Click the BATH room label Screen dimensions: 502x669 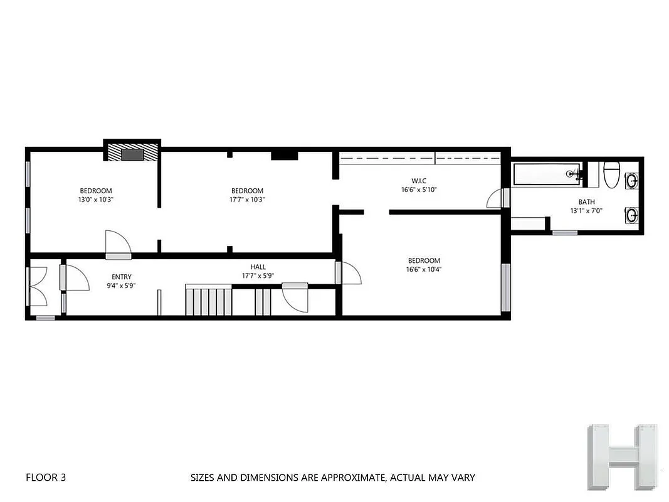pyautogui.click(x=587, y=202)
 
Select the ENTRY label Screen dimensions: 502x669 pyautogui.click(x=122, y=277)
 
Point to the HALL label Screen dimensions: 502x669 pyautogui.click(x=258, y=267)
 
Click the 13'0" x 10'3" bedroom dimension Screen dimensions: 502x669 pyautogui.click(x=96, y=200)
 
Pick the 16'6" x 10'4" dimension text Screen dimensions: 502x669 pyautogui.click(x=424, y=269)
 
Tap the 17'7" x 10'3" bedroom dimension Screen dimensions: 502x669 pyautogui.click(x=247, y=200)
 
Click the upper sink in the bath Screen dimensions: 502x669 pyautogui.click(x=632, y=181)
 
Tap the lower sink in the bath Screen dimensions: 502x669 pyautogui.click(x=632, y=215)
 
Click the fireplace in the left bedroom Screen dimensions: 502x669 pyautogui.click(x=132, y=154)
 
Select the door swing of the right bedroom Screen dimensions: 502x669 pyautogui.click(x=348, y=273)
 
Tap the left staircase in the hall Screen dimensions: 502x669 pyautogui.click(x=209, y=301)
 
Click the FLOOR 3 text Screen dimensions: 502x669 pyautogui.click(x=46, y=478)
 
